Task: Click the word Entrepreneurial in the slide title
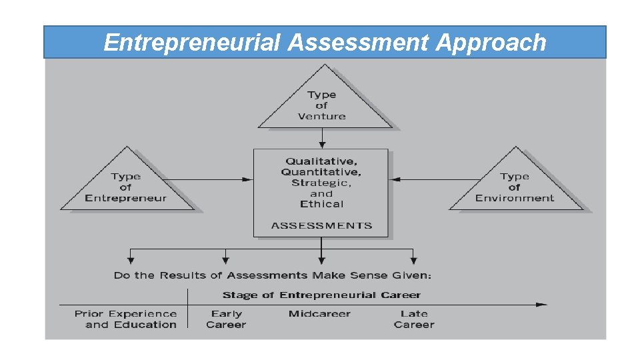tap(193, 43)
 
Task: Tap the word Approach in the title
tap(491, 43)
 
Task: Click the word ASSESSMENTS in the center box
tap(321, 225)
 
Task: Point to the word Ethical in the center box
tap(321, 204)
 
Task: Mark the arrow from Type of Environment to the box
tap(433, 179)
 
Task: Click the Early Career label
tap(226, 319)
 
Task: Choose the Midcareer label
tap(319, 314)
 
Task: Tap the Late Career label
tap(413, 319)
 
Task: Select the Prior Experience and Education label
tap(126, 319)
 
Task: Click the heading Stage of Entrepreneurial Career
tap(321, 295)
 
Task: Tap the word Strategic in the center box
tap(321, 183)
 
